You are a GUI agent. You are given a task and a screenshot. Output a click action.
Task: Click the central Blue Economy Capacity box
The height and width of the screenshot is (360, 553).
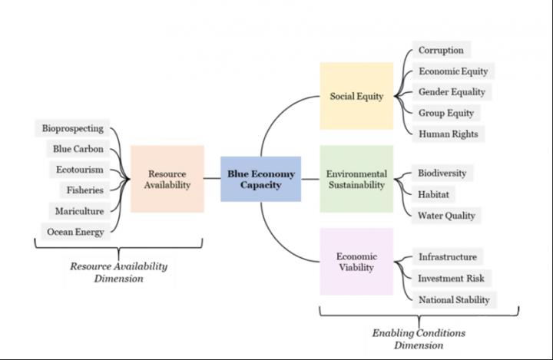(260, 179)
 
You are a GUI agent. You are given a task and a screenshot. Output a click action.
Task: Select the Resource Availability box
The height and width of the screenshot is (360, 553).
(167, 179)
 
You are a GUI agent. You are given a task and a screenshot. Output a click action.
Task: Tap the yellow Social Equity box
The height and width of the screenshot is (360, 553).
(356, 97)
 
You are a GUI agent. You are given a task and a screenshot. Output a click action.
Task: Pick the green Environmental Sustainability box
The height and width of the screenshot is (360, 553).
(356, 179)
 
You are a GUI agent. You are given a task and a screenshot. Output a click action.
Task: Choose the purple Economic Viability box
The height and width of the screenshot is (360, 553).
(356, 262)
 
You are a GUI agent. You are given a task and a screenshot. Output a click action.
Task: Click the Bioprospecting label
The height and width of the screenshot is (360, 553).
(72, 128)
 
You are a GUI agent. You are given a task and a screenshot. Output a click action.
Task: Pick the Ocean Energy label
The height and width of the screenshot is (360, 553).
(75, 231)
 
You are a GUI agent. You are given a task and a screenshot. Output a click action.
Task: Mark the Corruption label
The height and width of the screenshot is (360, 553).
(441, 51)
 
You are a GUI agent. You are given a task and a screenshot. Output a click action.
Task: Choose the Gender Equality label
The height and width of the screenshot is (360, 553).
(452, 92)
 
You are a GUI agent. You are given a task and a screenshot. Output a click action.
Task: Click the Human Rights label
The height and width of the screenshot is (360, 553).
(448, 134)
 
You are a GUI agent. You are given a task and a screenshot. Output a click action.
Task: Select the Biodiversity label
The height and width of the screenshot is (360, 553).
(442, 173)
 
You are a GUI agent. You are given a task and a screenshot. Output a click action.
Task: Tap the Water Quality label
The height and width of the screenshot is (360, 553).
(446, 215)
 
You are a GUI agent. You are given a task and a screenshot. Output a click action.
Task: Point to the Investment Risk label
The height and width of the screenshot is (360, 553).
(451, 278)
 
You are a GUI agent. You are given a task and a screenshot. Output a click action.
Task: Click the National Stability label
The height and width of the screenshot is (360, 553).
(453, 299)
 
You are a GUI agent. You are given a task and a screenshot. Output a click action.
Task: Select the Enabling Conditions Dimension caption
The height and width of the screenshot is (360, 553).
(419, 339)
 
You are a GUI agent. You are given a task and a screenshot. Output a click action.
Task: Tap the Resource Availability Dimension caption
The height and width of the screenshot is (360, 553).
(118, 272)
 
